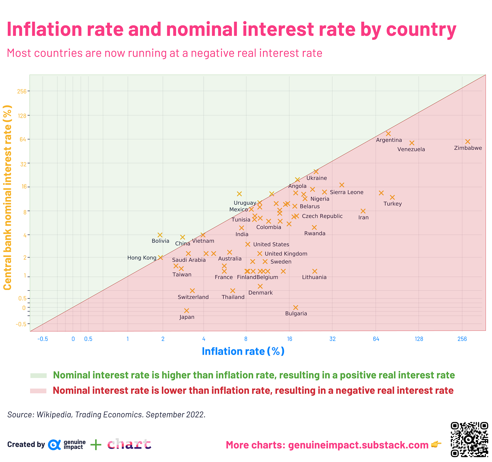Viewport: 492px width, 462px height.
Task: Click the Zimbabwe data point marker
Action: pyautogui.click(x=468, y=142)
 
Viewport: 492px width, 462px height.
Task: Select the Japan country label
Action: pyautogui.click(x=187, y=317)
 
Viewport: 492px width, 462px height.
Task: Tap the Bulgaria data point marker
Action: pyautogui.click(x=296, y=308)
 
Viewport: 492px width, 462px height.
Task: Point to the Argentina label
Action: pyautogui.click(x=389, y=140)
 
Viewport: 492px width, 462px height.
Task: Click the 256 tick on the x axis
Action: pyautogui.click(x=462, y=339)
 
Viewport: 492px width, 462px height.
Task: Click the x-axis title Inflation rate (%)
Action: pyautogui.click(x=243, y=351)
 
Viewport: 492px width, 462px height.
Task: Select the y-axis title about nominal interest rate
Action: pyautogui.click(x=7, y=198)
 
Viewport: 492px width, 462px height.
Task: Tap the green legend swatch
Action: pyautogui.click(x=38, y=376)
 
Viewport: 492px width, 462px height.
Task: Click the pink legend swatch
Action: pyautogui.click(x=38, y=391)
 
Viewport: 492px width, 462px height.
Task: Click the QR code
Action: pyautogui.click(x=469, y=439)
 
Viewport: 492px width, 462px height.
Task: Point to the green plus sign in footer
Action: pyautogui.click(x=96, y=445)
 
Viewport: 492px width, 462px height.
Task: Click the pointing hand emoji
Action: pyautogui.click(x=437, y=445)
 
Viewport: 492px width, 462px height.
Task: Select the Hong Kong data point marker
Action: pyautogui.click(x=161, y=258)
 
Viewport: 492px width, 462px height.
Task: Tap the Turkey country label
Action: pyautogui.click(x=393, y=204)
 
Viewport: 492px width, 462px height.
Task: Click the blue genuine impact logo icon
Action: pyautogui.click(x=54, y=445)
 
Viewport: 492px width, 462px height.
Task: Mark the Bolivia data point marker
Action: pyautogui.click(x=160, y=235)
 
